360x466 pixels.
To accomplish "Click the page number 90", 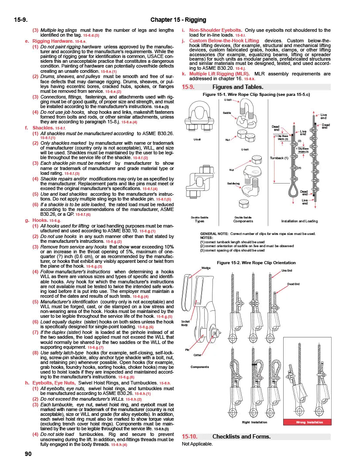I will (16, 454).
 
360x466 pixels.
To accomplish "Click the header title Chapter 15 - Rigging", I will (178, 20).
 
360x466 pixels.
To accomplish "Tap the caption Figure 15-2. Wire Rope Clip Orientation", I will (256, 263).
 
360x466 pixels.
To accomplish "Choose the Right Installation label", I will (255, 422).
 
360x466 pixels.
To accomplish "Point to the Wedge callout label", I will (206, 268).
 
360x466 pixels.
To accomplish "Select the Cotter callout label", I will (198, 354).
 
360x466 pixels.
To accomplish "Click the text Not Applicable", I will (197, 444).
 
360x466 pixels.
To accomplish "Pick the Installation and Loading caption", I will (299, 221).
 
